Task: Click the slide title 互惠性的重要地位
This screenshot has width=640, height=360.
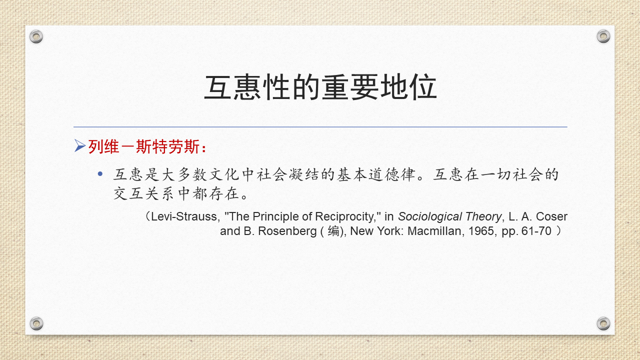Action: (320, 87)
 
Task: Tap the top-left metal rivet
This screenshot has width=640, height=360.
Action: (36, 36)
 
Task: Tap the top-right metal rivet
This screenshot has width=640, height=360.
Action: (603, 36)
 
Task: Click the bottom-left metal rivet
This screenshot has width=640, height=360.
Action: (36, 323)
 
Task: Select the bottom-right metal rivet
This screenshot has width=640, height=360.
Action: (603, 323)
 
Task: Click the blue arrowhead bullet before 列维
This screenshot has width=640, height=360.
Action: (80, 145)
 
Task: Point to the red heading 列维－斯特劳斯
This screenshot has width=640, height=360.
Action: (143, 147)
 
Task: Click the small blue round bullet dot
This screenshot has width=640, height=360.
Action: (100, 173)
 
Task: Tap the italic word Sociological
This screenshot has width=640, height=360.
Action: (429, 217)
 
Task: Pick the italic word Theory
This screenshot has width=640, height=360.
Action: (483, 217)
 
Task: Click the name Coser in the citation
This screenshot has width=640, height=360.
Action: (551, 216)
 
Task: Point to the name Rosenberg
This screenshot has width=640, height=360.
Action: (287, 231)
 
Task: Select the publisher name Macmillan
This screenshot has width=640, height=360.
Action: (434, 231)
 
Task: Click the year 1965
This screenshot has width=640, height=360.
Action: (481, 231)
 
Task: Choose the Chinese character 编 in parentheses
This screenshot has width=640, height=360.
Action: (333, 231)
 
